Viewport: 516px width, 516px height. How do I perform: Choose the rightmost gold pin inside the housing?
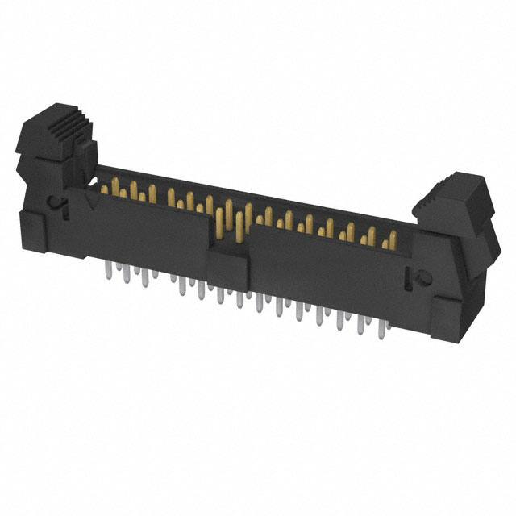[392, 239]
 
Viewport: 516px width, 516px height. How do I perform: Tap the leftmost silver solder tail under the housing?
[108, 273]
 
